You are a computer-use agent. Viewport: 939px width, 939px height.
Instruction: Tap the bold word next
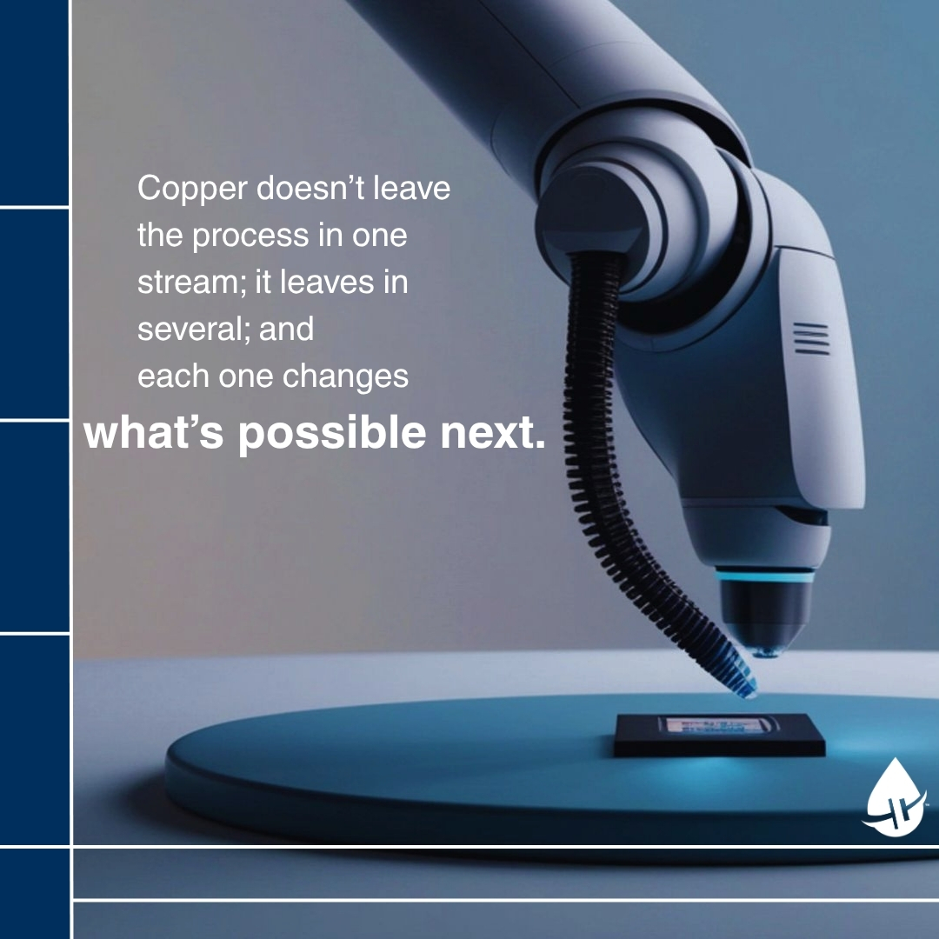[x=493, y=433]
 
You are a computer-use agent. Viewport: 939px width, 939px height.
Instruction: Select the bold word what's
[x=153, y=432]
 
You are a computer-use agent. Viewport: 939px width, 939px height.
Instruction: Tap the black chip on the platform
[x=719, y=734]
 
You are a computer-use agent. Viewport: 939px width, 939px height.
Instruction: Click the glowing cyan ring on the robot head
[x=765, y=576]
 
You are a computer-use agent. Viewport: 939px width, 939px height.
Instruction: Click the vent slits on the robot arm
[x=811, y=338]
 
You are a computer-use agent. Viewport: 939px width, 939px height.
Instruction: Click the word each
[x=173, y=376]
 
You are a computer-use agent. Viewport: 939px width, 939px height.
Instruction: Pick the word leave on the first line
[x=412, y=188]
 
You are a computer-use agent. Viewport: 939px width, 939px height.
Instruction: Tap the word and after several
[x=286, y=329]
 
